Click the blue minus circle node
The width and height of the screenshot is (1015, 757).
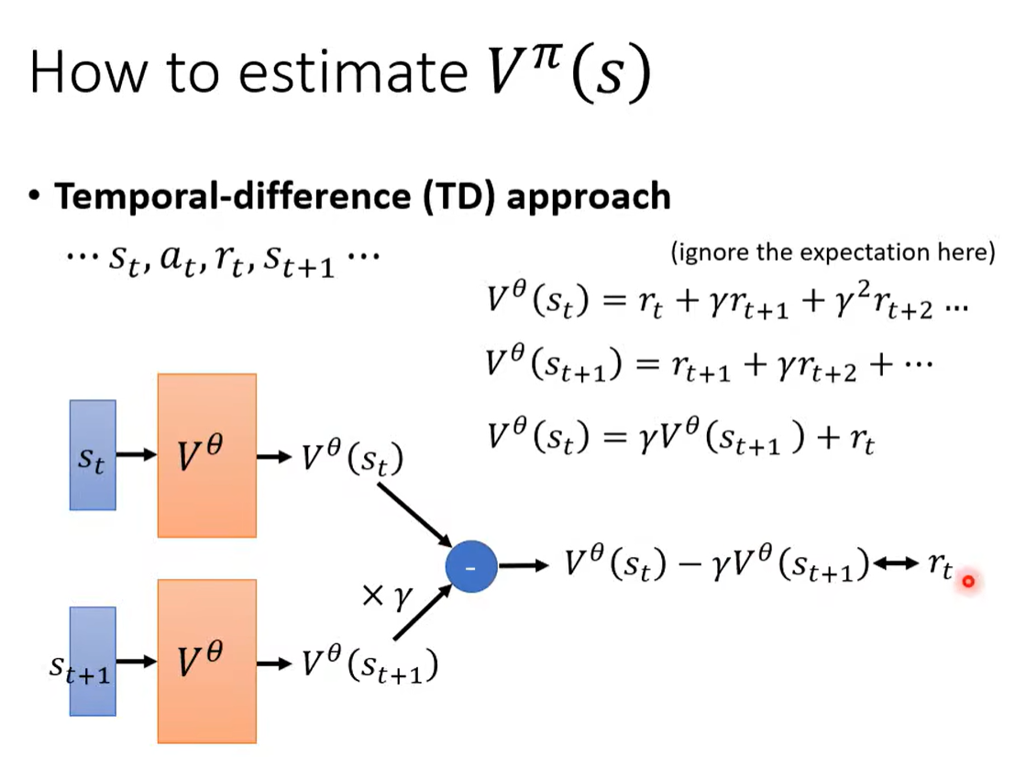(x=471, y=567)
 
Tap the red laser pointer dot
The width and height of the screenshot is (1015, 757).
(x=968, y=581)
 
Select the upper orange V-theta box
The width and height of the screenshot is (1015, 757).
(x=207, y=455)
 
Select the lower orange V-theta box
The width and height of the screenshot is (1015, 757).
(x=207, y=662)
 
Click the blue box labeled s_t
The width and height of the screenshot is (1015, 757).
(x=93, y=454)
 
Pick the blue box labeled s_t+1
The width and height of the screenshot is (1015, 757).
(x=93, y=662)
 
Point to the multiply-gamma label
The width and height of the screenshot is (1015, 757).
(x=387, y=596)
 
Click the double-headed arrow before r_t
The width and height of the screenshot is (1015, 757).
(x=896, y=563)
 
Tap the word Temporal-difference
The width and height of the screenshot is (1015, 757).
(x=233, y=196)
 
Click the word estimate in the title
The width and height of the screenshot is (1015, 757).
(x=353, y=72)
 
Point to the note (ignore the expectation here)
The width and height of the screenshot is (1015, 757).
(x=833, y=252)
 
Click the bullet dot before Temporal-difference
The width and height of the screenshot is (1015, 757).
(x=34, y=195)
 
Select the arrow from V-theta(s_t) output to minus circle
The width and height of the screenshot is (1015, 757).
(x=415, y=516)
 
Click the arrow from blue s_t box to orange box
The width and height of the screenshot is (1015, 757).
(x=137, y=454)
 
